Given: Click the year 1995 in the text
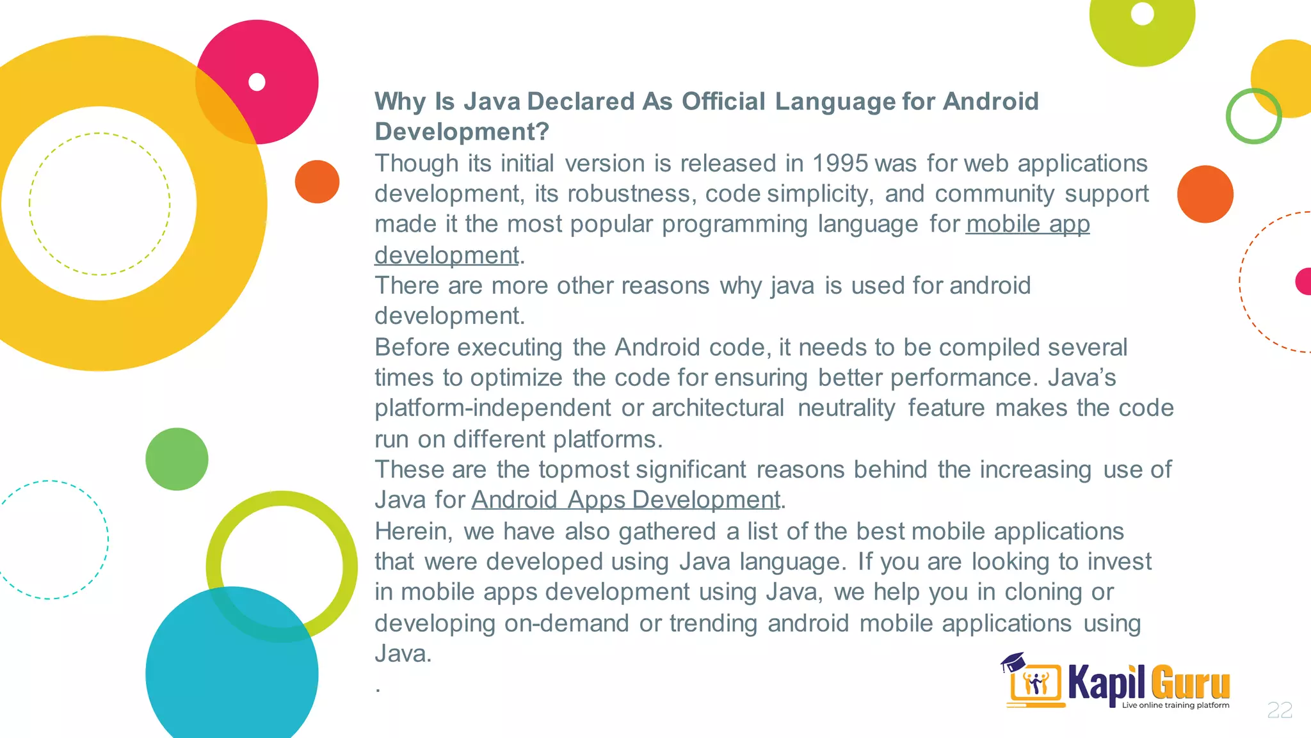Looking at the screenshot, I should [840, 164].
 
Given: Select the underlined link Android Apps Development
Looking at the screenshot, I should [625, 500].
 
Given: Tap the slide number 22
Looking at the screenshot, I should [1280, 710].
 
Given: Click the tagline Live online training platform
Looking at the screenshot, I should [1175, 705].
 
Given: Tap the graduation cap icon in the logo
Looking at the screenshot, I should [1013, 662].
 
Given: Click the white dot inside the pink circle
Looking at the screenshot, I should [257, 83].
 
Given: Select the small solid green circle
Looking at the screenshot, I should [177, 459].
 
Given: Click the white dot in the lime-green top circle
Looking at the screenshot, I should [1142, 13].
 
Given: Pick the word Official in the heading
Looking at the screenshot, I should [723, 102].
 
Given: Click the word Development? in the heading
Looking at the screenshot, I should [462, 132].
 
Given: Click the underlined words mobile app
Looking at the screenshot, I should [1027, 224].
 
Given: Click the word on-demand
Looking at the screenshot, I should [566, 623].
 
